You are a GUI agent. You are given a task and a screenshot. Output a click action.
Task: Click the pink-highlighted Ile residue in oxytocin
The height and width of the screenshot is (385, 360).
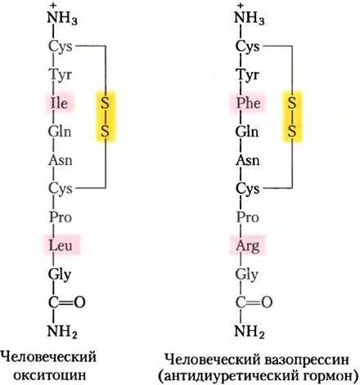pos(60,103)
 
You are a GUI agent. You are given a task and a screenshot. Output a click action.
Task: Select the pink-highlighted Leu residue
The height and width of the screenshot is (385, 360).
pos(61,245)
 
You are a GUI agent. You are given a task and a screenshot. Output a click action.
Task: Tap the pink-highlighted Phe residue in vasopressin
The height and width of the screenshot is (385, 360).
pos(248,103)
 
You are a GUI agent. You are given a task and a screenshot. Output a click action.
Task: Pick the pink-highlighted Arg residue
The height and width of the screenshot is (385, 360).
pos(248,246)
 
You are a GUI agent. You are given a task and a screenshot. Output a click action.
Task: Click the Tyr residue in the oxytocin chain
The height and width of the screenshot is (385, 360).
pos(61,74)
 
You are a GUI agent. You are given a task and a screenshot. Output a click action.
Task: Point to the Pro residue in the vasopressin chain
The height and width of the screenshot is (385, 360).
pos(247,217)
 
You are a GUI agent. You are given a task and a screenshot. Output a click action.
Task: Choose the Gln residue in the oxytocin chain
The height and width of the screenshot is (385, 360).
pos(60,132)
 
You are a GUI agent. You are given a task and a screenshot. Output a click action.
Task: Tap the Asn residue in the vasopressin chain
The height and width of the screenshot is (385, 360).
pos(247,160)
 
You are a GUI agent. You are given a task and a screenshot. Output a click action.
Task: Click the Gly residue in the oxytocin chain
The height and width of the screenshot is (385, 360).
pos(60,275)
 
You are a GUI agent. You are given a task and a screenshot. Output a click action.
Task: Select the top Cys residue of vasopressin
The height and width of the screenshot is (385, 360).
pos(247,47)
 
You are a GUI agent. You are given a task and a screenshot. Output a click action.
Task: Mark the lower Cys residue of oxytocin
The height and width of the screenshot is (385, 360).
pos(61,189)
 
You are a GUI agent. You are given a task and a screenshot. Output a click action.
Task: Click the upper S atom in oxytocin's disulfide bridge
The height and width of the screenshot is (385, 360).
pos(105,103)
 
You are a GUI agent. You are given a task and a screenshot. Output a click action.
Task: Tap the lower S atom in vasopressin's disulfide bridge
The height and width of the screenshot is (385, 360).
pos(292,132)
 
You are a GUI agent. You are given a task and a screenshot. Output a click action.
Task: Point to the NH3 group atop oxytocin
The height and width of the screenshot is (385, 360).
pos(62,17)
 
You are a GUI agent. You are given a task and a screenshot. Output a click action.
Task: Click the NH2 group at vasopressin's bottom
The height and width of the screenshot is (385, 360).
pos(250,331)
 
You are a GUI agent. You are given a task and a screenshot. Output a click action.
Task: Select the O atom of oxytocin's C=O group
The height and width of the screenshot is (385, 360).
pos(79,302)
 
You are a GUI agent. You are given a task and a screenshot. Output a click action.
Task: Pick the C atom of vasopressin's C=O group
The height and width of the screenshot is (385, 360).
pos(241,302)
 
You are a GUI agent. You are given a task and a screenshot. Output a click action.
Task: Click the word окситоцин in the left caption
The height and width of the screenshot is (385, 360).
pos(50,376)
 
